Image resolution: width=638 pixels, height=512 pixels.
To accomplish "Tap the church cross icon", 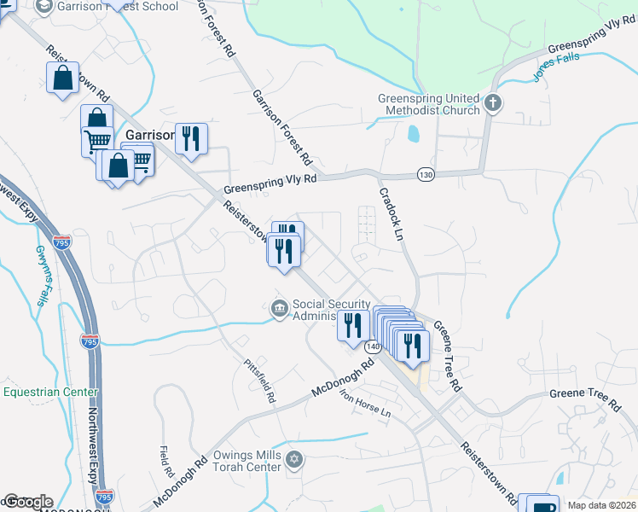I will [492, 104].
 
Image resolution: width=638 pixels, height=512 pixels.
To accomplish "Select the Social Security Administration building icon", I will [279, 309].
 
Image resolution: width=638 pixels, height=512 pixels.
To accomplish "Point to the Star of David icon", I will [294, 460].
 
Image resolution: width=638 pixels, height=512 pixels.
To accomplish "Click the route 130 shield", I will [426, 174].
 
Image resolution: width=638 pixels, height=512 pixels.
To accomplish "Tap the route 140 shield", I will [373, 347].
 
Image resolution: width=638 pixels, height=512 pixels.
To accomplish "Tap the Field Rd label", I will [165, 461].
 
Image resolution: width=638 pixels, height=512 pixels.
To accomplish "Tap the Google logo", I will [28, 502].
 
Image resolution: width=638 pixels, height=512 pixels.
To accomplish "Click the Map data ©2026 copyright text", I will [601, 505].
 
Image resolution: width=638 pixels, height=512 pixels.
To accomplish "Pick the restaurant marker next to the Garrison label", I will [191, 138].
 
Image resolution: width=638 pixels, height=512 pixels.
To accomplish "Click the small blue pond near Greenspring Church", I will [414, 134].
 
